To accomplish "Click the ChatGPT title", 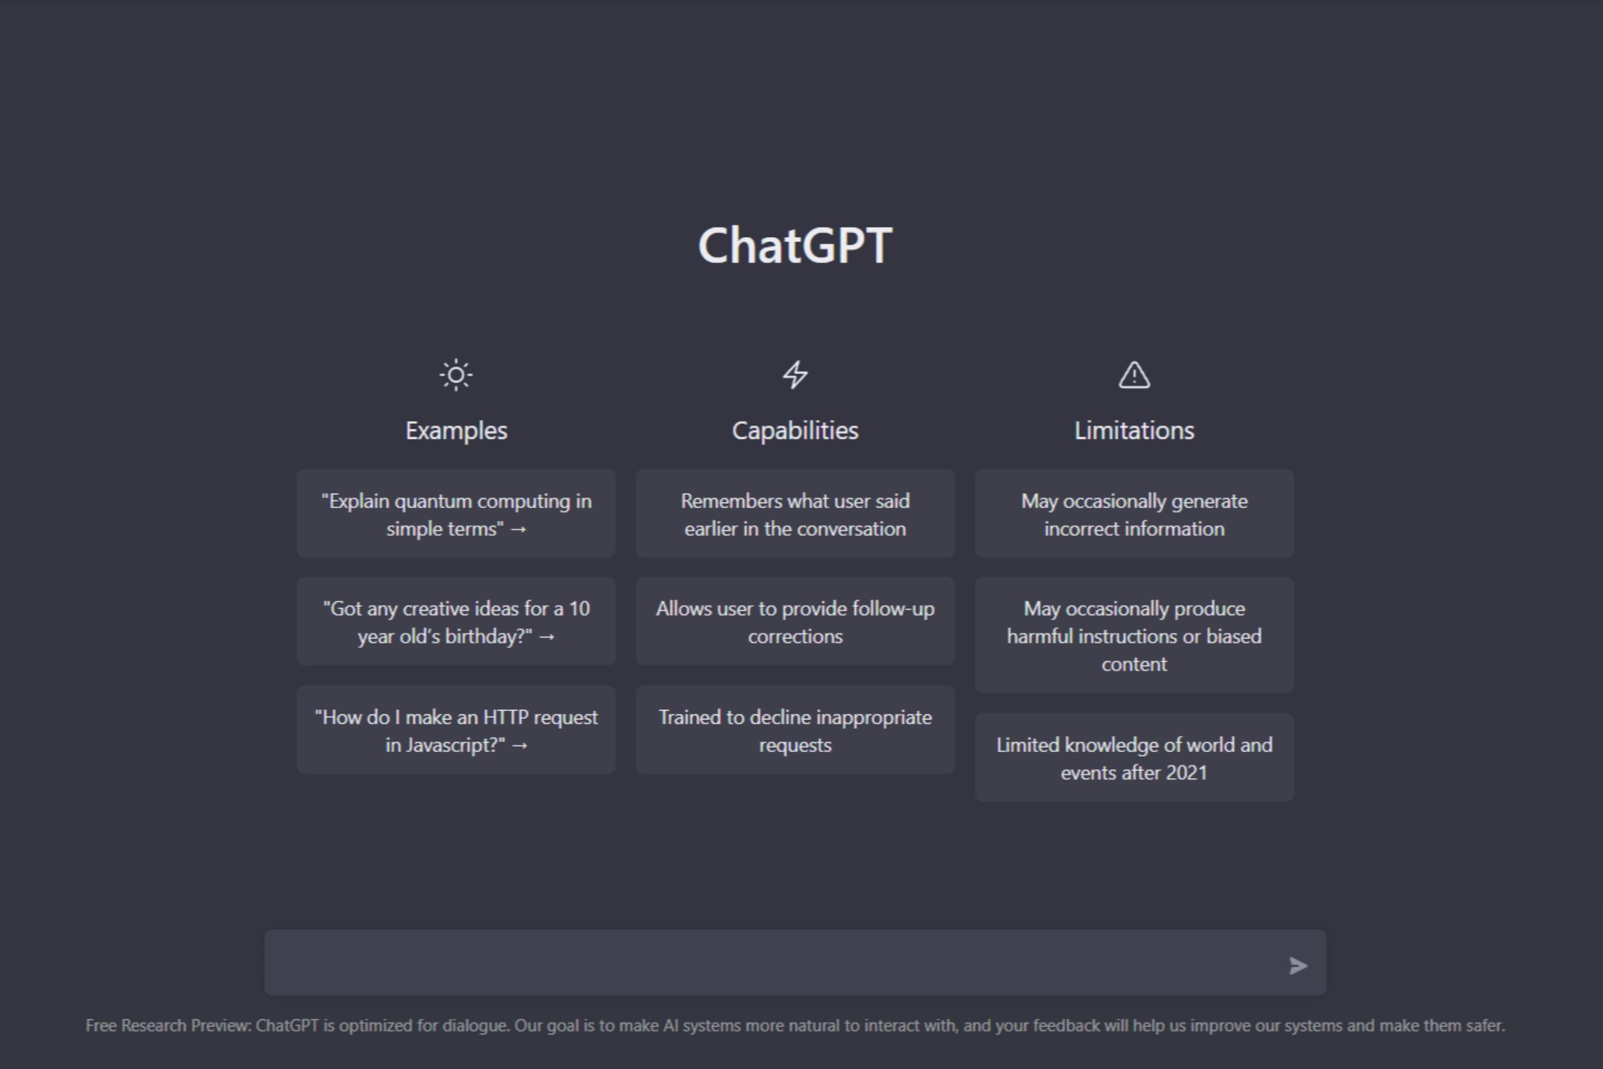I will pos(795,245).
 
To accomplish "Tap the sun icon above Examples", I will pos(456,375).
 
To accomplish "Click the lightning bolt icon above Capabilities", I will pos(795,375).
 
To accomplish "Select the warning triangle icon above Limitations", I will pos(1134,375).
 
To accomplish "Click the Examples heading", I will pos(456,431).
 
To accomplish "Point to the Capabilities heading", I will pos(795,431).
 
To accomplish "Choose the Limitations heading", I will pos(1134,431).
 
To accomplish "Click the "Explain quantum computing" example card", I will pos(456,514).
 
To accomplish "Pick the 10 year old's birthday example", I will pos(456,622).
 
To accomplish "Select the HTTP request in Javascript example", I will pos(456,730).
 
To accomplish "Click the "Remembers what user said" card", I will pos(795,514).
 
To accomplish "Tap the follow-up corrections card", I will pos(795,622).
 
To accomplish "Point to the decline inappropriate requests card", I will pos(795,730).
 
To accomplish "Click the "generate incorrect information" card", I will pos(1134,514).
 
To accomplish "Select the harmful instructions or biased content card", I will pos(1134,635).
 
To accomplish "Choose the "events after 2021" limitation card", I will pos(1134,758).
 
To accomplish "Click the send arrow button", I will pos(1297,965).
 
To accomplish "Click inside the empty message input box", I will pos(770,963).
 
